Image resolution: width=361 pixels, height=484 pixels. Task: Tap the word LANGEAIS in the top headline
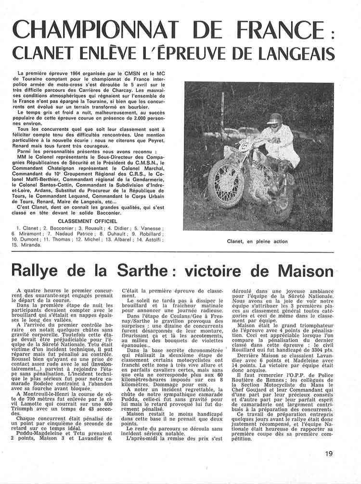302,54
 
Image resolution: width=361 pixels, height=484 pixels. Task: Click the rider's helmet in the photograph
275,118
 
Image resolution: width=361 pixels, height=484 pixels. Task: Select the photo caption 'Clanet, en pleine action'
257,241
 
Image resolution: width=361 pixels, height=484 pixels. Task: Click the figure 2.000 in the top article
147,118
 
